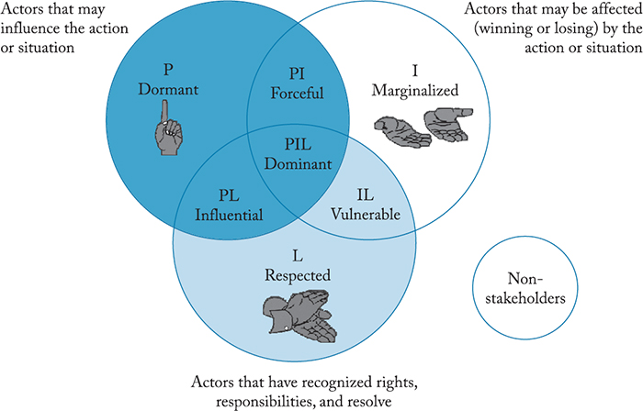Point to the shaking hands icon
295,317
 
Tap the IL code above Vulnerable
365,195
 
